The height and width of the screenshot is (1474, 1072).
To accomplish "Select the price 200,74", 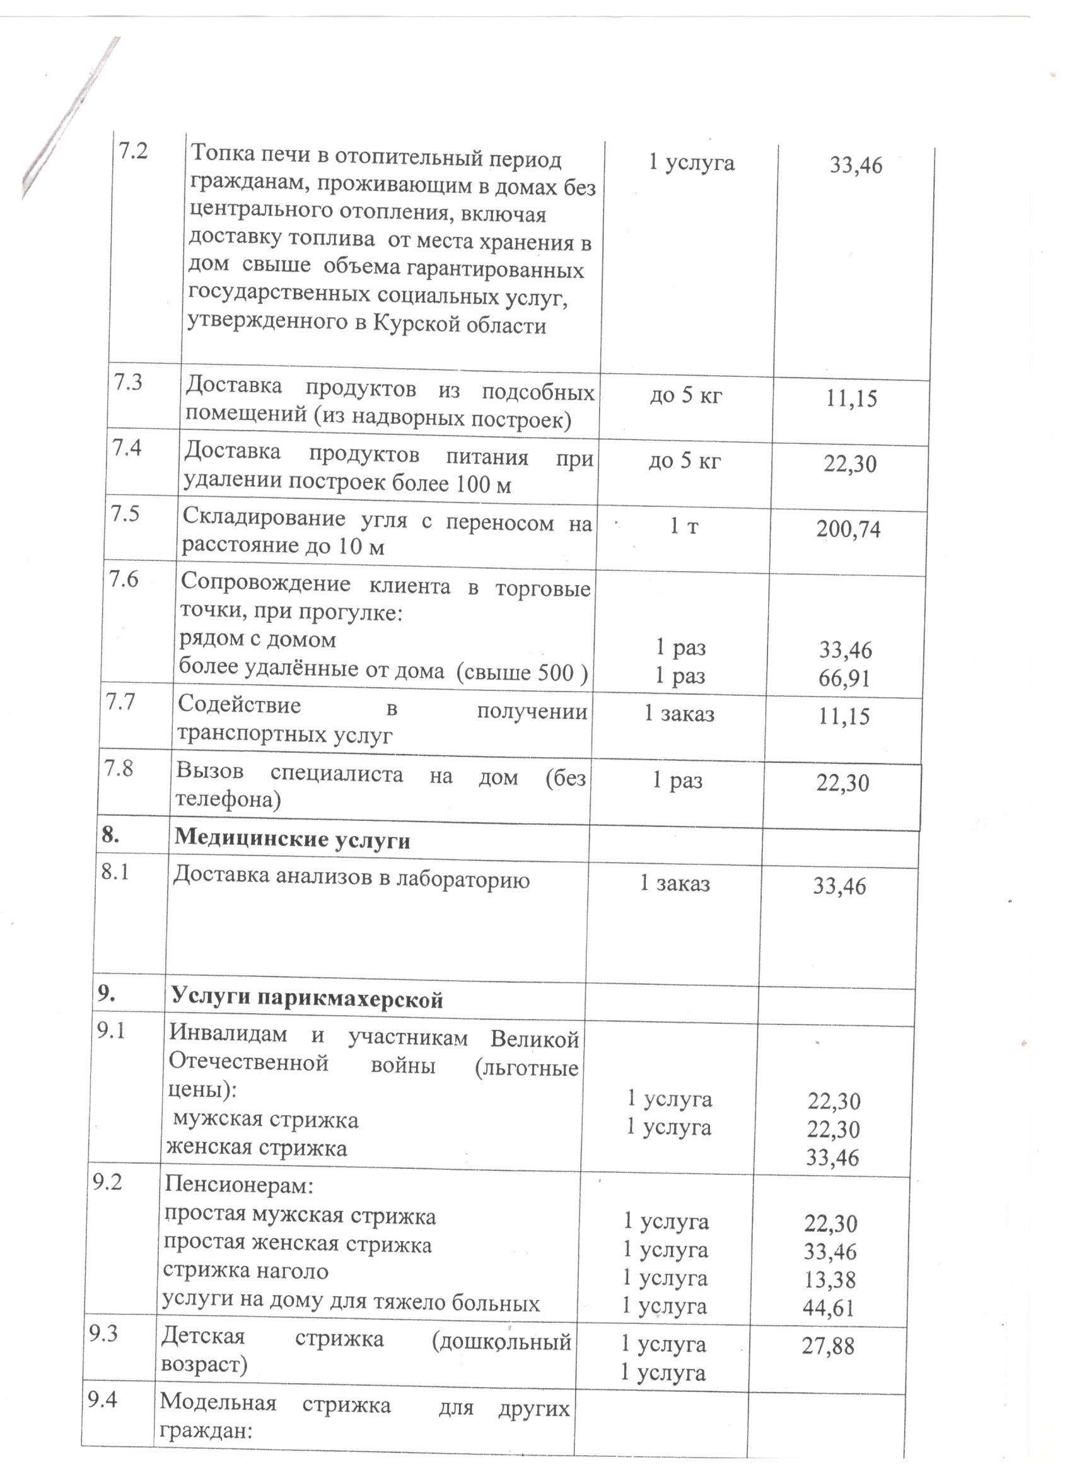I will (848, 530).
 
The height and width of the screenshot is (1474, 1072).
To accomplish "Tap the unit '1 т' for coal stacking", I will (684, 526).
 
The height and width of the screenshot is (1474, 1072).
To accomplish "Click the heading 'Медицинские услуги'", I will (292, 840).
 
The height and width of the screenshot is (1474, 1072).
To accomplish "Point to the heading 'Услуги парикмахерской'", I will (307, 998).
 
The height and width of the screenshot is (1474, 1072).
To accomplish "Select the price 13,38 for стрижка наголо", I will (830, 1280).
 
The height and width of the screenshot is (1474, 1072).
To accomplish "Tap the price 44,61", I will (828, 1308).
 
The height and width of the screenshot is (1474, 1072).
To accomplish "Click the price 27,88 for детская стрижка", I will (827, 1345).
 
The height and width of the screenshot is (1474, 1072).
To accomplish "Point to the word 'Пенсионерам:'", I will (238, 1186).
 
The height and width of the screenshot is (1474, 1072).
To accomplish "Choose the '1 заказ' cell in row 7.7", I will (679, 714).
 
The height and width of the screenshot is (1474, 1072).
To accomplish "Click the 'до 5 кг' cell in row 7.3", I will (685, 395).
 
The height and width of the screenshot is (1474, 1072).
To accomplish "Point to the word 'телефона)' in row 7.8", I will (228, 800).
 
